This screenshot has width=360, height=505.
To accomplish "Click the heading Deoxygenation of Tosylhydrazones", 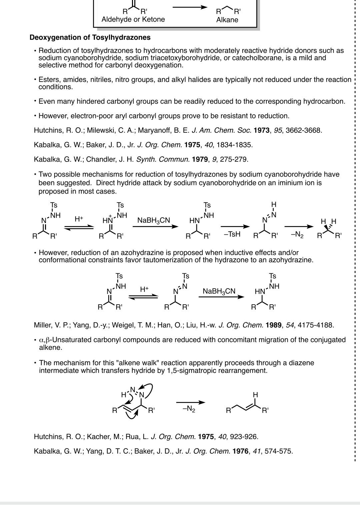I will (x=90, y=37).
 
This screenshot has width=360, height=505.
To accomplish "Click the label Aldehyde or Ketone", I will (x=133, y=19).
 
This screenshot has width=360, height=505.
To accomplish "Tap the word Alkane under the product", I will (x=227, y=20).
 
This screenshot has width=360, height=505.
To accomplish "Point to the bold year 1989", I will (x=274, y=325).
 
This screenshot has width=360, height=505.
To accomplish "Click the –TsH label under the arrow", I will (x=232, y=234).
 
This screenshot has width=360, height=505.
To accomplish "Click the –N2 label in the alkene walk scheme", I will (x=189, y=409).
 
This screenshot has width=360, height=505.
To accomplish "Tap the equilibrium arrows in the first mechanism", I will (x=79, y=227).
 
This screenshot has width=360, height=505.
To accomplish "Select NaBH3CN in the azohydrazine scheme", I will (x=219, y=291).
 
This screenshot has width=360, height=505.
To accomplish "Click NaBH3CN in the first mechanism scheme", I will (x=154, y=220).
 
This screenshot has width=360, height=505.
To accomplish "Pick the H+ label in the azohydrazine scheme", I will (x=144, y=289).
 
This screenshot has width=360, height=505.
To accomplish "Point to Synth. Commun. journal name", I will (x=163, y=159).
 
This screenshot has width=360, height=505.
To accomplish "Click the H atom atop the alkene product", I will (x=255, y=395).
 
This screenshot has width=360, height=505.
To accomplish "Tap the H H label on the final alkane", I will (x=328, y=221).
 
